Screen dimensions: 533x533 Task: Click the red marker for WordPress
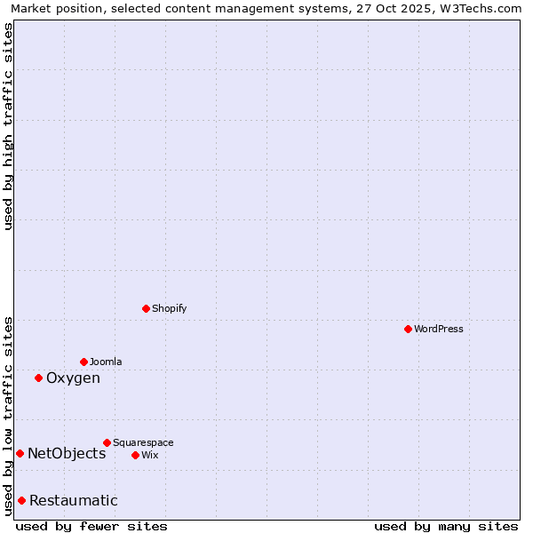[408, 329]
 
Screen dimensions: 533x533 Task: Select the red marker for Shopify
[146, 308]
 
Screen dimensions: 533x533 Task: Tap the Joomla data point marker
[84, 362]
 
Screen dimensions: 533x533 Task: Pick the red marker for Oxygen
[38, 378]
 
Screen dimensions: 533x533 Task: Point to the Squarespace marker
[107, 442]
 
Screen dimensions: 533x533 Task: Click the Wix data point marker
[135, 455]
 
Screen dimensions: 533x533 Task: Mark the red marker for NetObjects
[20, 453]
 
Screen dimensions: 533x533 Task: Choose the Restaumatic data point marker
[21, 500]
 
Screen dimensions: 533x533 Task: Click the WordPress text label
[439, 329]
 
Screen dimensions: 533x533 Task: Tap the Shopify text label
[170, 308]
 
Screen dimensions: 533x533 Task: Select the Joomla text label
[106, 362]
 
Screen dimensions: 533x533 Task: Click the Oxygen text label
[73, 378]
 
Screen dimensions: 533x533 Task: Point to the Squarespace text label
[143, 442]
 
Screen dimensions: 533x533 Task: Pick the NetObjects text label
[67, 454]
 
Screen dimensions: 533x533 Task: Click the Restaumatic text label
[74, 501]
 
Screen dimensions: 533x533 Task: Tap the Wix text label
[150, 455]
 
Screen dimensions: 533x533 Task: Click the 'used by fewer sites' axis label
[91, 526]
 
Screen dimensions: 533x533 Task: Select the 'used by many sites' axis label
[446, 526]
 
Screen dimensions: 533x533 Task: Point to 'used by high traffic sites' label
[8, 126]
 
